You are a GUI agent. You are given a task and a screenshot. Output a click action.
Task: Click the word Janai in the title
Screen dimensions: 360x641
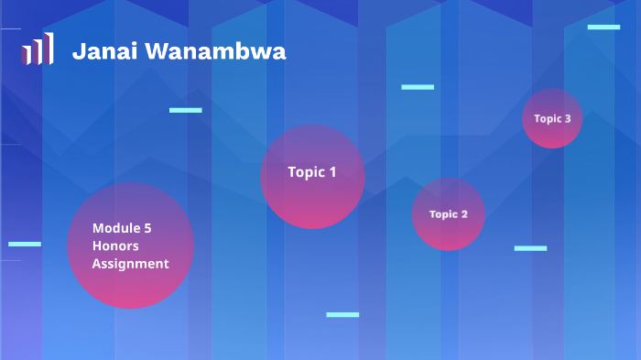coord(97,51)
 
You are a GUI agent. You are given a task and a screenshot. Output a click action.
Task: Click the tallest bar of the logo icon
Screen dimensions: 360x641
coord(49,48)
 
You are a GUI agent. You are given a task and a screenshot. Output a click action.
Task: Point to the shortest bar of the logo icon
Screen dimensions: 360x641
coord(27,55)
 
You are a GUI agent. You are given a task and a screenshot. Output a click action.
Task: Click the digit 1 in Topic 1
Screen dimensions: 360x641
coord(332,171)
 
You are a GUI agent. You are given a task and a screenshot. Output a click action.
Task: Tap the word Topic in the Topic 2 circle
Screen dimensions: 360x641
coord(442,214)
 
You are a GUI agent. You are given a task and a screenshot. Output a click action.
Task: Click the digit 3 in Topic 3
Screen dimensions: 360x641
coord(568,118)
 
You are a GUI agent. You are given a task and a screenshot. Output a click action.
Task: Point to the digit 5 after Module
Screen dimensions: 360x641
coord(147,228)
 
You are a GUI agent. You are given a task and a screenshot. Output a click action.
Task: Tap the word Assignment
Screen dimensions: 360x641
coord(130,264)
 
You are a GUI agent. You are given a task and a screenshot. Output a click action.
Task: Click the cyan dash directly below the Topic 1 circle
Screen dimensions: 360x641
coord(342,315)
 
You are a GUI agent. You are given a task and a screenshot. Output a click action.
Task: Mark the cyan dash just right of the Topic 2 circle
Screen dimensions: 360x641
coord(530,248)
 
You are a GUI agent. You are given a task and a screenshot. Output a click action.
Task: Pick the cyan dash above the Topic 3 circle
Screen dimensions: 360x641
coord(603,27)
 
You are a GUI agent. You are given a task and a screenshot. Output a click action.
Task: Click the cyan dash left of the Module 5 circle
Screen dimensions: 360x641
coord(25,245)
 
